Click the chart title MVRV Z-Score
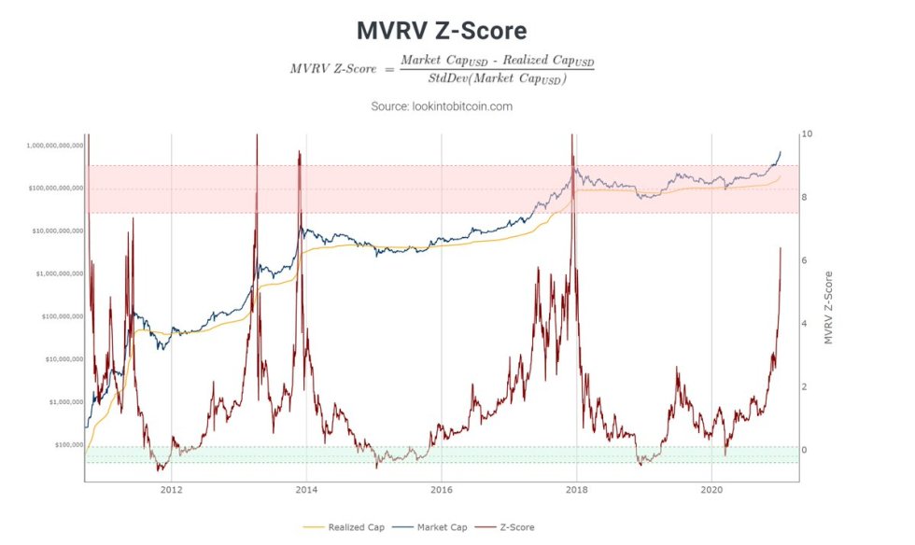442,31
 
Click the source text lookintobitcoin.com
442,106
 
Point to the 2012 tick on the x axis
171,489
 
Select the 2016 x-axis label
442,489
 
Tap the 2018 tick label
577,489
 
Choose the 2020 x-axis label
712,489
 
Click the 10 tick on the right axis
807,134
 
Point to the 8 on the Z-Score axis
804,198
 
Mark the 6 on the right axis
804,260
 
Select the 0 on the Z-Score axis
804,450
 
